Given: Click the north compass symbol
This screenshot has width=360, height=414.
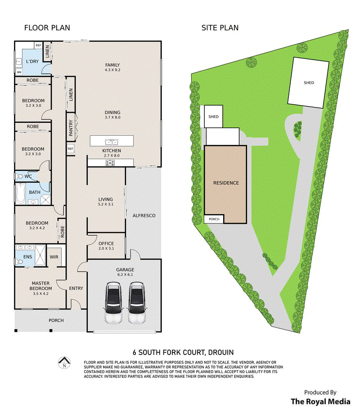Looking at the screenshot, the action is tap(64, 362).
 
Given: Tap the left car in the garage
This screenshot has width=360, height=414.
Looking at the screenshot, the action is tap(114, 303).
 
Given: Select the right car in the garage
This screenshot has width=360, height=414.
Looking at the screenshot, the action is tap(137, 303).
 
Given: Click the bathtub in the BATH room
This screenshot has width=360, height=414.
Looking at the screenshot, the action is tap(20, 194).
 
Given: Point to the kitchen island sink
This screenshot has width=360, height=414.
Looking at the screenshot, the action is tap(112, 142).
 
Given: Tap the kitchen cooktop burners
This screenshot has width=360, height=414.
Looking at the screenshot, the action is tap(110, 163).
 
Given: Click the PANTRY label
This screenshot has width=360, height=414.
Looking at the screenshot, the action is tap(71, 128).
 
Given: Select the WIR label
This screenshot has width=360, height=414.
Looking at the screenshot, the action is tap(54, 257).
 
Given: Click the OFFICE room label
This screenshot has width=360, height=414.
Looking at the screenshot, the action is tap(106, 244).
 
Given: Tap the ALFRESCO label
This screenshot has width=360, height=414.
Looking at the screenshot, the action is tap(144, 216).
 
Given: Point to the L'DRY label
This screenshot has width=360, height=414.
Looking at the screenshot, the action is tap(32, 61).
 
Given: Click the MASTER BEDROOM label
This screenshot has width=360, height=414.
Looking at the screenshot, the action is tap(40, 286).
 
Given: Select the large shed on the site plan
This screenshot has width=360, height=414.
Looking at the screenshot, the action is tap(308, 83).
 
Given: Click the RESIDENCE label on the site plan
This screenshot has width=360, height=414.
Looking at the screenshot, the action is tap(226, 183).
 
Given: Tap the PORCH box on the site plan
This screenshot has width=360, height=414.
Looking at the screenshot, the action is tap(214, 219).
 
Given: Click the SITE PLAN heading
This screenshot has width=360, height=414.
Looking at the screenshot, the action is tap(220, 28).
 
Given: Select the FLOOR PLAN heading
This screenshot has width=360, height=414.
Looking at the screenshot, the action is tap(47, 28).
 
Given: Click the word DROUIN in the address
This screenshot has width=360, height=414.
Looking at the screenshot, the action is tap(221, 352).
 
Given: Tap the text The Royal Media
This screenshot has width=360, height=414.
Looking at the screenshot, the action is tap(320, 401).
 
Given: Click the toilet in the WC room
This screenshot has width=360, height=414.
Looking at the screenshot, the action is tap(19, 176).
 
